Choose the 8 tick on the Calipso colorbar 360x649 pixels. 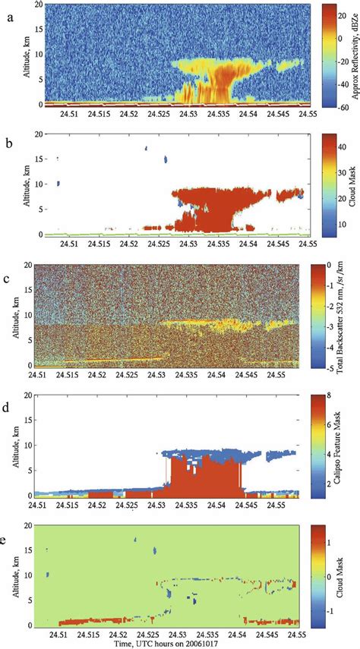335,395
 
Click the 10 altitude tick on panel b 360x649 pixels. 27,183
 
